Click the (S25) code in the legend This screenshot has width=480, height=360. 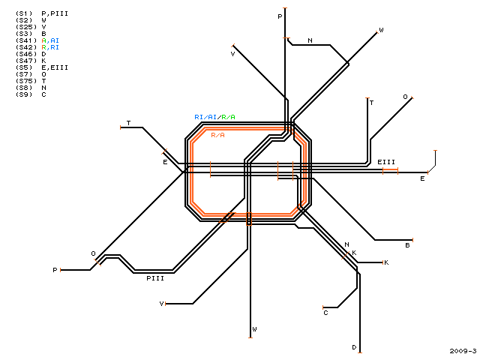(26, 27)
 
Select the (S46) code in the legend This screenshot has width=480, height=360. (26, 54)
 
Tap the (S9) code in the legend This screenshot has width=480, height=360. (24, 94)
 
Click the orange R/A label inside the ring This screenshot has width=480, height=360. (217, 135)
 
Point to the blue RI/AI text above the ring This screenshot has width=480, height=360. (205, 117)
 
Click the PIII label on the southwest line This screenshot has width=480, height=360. (155, 278)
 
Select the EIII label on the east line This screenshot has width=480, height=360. (386, 162)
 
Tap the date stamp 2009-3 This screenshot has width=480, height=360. (463, 351)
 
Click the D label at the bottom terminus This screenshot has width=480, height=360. (354, 347)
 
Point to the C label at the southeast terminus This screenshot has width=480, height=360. (325, 313)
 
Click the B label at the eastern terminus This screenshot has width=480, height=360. (407, 245)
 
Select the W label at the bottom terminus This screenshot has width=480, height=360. (254, 329)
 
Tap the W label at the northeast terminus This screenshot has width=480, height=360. (381, 30)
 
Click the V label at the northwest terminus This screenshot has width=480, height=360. (232, 54)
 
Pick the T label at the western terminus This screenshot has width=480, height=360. (128, 123)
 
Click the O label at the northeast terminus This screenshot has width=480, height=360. (405, 97)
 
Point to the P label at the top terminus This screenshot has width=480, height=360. (280, 16)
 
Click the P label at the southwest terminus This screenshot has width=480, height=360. (55, 270)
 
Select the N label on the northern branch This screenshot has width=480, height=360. (310, 40)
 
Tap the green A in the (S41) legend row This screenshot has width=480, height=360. (43, 40)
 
